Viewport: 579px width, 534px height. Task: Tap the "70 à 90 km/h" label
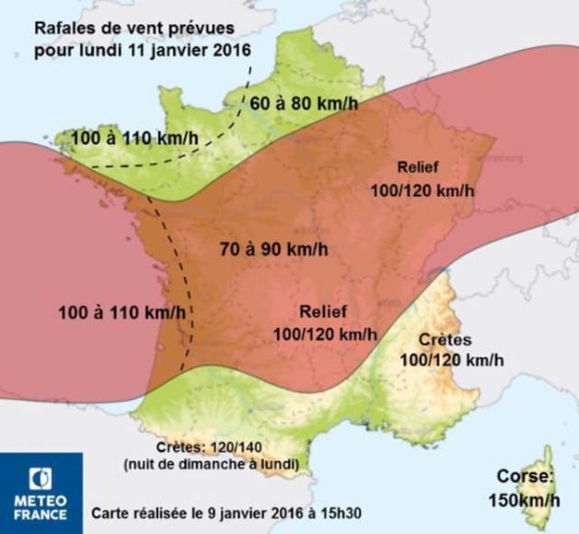coord(274,249)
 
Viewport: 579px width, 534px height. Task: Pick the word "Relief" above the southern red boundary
coord(325,310)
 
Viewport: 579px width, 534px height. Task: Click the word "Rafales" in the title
coord(68,28)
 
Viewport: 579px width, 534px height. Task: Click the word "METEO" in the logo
coord(41,502)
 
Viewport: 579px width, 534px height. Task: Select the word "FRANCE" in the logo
coord(41,515)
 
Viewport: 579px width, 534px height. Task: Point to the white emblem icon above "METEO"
coord(41,478)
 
